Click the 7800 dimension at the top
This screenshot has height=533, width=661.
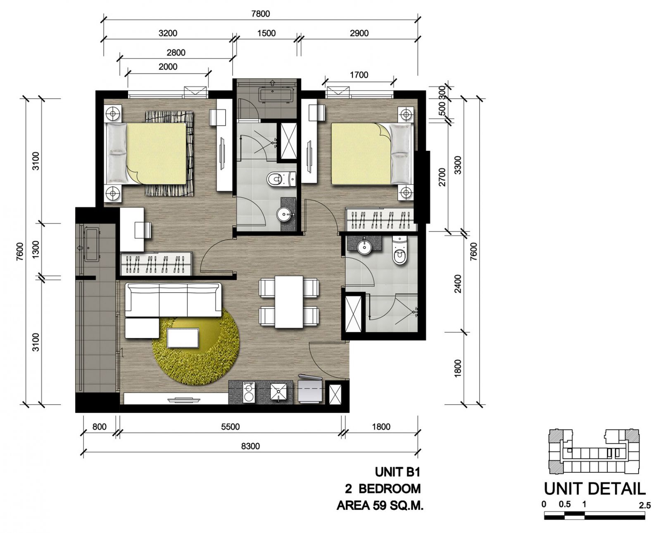260,14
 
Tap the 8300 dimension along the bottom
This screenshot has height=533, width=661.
250,446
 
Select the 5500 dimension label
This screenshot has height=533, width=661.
231,427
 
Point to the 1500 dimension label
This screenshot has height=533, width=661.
266,33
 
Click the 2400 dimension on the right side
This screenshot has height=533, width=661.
458,284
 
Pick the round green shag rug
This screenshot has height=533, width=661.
196,347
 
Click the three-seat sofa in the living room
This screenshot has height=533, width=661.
173,300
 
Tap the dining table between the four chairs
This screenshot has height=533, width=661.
289,302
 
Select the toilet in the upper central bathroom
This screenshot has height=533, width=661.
281,179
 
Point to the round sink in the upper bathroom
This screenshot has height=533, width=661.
283,214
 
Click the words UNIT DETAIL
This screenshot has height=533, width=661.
594,489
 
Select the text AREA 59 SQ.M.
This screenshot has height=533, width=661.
380,505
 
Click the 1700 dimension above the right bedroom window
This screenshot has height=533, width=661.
359,75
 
